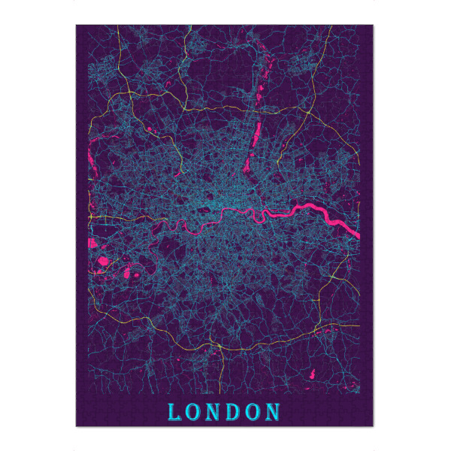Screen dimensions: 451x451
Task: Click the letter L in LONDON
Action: (174, 412)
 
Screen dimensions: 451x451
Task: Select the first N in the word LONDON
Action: (214, 412)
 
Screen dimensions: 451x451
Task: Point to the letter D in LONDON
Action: (235, 412)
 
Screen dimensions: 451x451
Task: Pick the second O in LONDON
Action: (253, 412)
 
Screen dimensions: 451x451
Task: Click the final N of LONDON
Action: (274, 412)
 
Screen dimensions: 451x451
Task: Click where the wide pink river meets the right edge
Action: (358, 235)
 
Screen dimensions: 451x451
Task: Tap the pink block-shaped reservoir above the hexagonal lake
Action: (93, 243)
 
